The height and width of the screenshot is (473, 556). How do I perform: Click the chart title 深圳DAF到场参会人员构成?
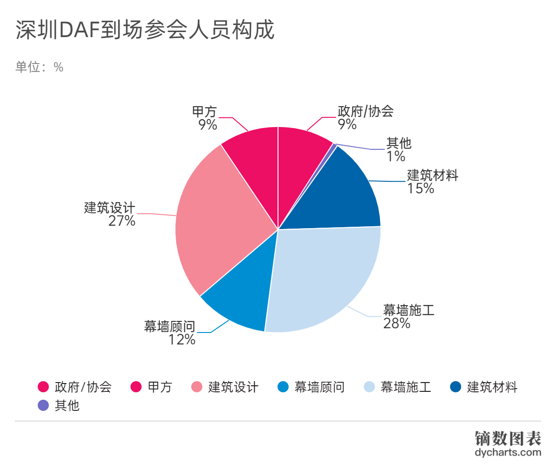[145, 30]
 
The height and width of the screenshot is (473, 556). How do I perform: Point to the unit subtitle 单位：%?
[39, 67]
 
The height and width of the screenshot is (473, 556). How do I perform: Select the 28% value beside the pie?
[397, 323]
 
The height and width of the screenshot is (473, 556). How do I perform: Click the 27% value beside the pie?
[122, 221]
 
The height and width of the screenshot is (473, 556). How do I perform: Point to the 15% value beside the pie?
[421, 188]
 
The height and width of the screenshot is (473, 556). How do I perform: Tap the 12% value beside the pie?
[182, 339]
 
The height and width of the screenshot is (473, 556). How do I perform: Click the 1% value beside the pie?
[396, 156]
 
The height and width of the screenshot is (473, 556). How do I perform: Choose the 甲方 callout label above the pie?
[204, 112]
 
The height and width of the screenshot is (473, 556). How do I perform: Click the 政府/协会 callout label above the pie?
[366, 111]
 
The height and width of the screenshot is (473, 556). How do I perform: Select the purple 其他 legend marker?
[43, 405]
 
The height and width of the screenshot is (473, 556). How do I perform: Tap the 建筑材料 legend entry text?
[492, 387]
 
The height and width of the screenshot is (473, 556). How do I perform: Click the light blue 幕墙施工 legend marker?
[369, 387]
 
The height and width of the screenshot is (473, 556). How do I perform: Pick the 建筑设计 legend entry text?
[233, 387]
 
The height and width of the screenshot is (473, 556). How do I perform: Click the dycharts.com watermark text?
[508, 453]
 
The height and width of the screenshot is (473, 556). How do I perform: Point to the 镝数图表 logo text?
[508, 438]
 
